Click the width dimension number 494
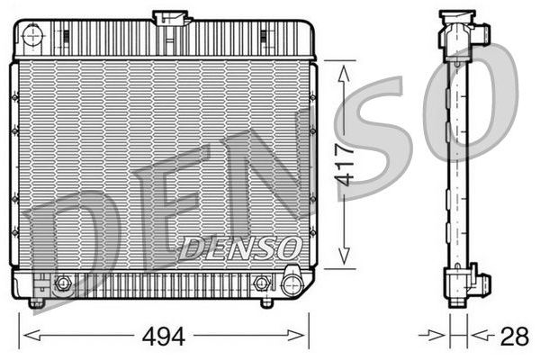click(164, 337)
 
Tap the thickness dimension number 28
click(514, 337)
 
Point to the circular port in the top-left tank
click(33, 36)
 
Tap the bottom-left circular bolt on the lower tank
click(63, 284)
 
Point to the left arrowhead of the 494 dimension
click(24, 337)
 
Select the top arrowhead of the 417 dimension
click(341, 68)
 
